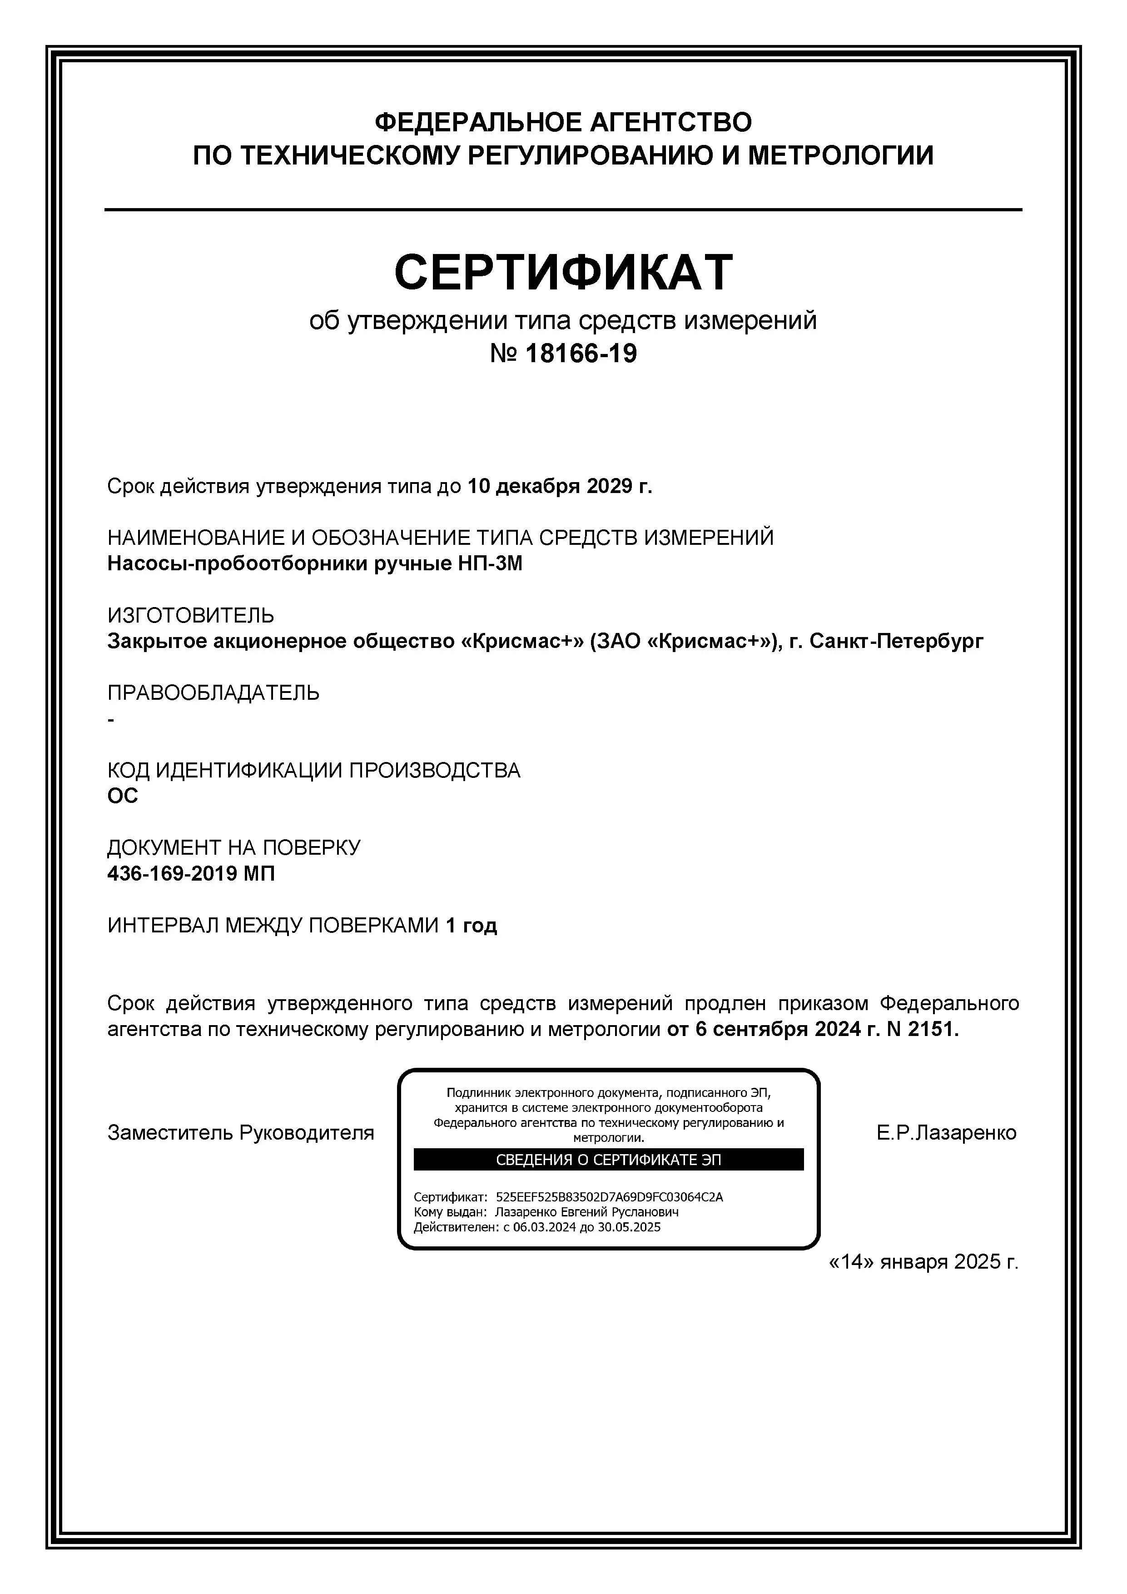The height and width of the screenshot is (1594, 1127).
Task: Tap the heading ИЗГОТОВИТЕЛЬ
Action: click(x=191, y=615)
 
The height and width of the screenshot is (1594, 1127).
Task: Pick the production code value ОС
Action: click(x=123, y=796)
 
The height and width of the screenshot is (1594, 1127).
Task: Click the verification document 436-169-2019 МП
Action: click(x=191, y=873)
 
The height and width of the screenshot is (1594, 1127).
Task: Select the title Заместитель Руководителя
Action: click(x=240, y=1133)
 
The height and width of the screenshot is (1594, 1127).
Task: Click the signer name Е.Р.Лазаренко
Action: click(x=946, y=1133)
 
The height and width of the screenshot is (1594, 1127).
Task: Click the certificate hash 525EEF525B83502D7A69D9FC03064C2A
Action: click(x=609, y=1197)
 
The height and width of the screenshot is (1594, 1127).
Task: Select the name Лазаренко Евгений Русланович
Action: click(x=586, y=1212)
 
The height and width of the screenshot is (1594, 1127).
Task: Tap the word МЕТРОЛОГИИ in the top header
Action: click(x=840, y=155)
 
